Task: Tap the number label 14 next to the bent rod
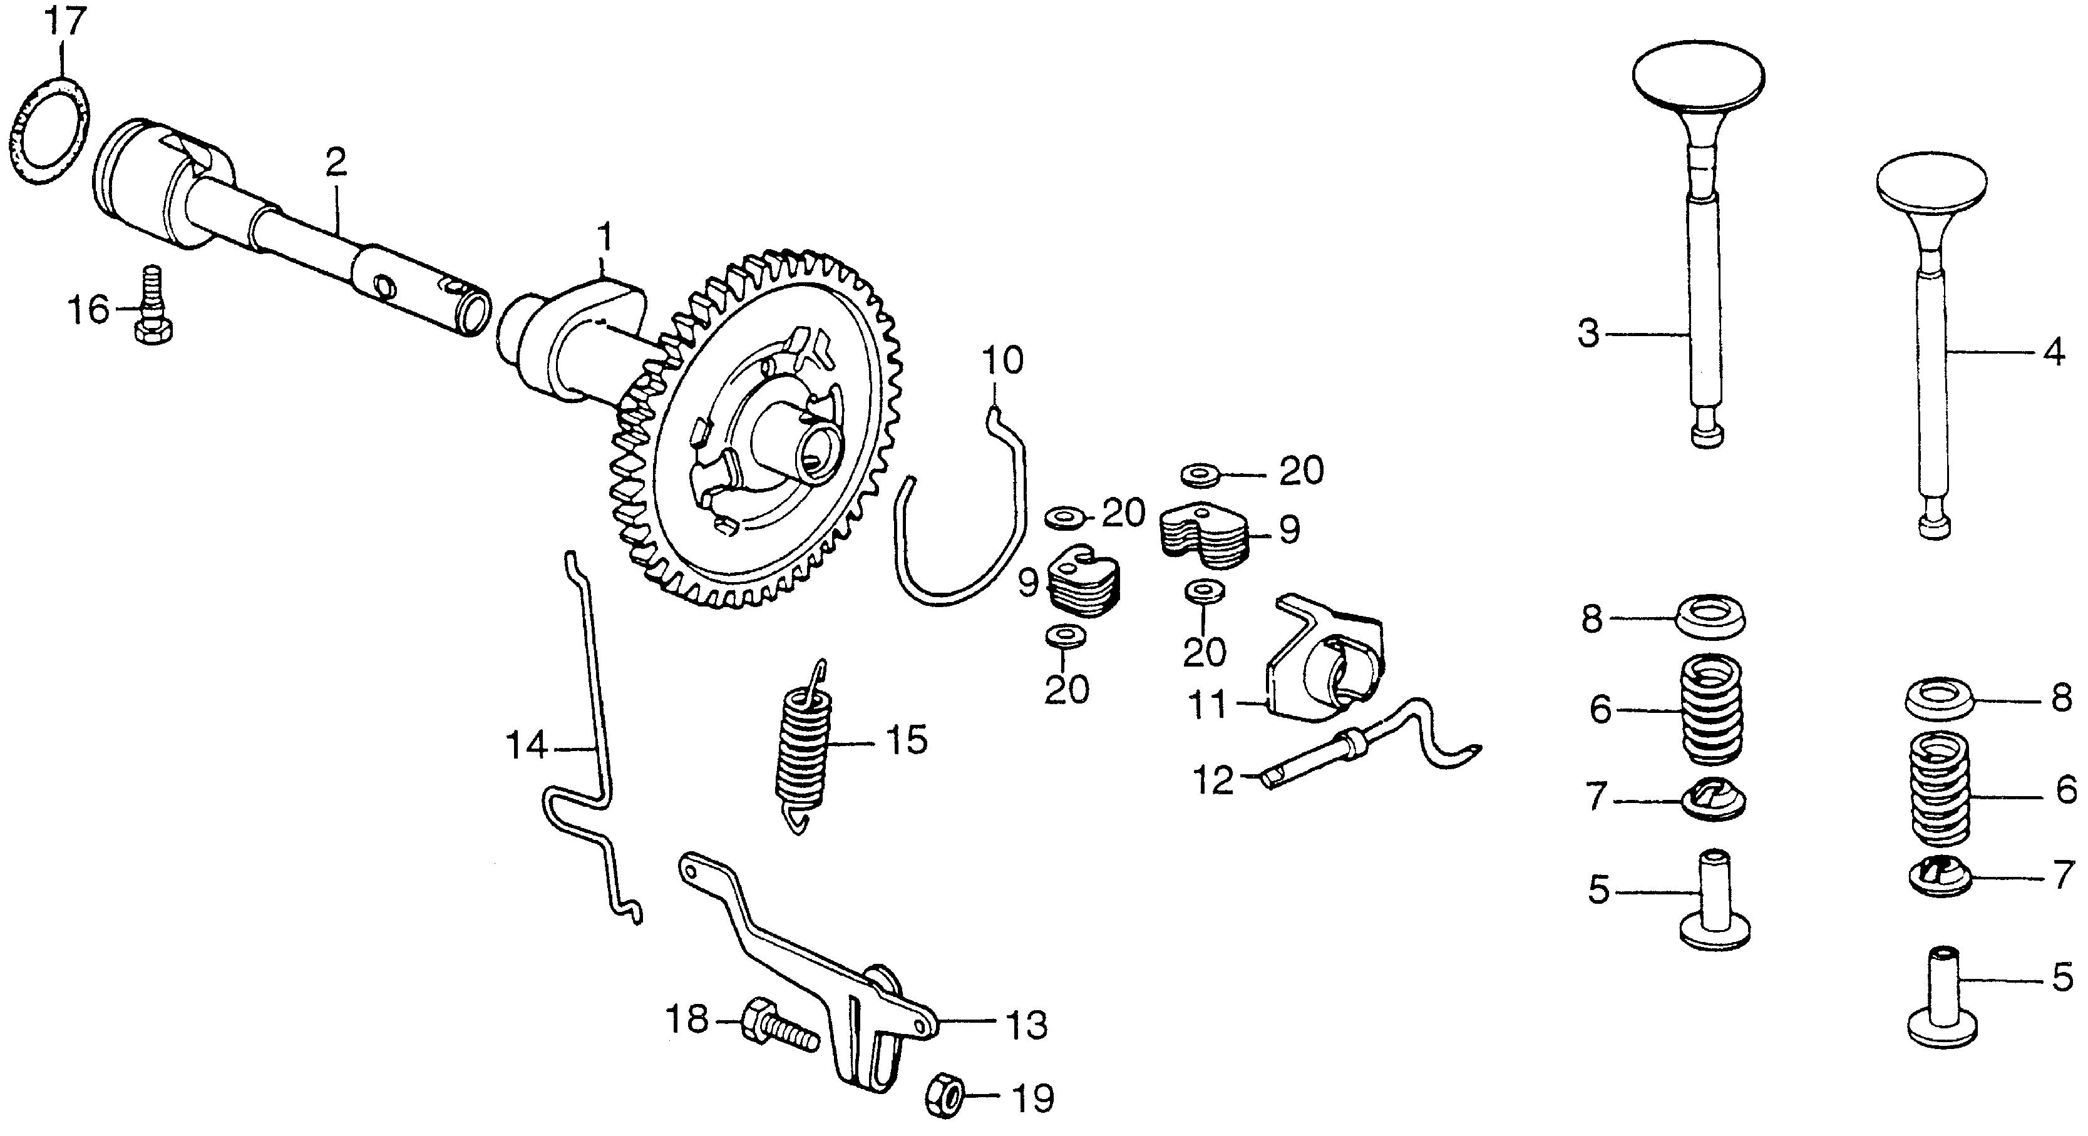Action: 527,745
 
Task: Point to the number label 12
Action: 1213,780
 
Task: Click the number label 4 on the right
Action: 2053,353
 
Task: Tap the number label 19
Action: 1032,1100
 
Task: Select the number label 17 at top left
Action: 66,22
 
